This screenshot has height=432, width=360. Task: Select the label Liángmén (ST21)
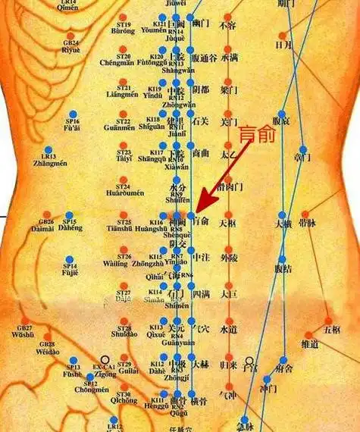[x=123, y=95]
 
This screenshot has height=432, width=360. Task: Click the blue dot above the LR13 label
[x=49, y=150]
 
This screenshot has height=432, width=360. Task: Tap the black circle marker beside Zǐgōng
[x=105, y=361]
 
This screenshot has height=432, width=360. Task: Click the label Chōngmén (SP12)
[x=91, y=390]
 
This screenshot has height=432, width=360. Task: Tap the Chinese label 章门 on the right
[x=303, y=158]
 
